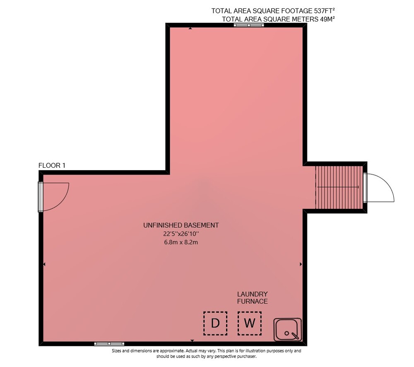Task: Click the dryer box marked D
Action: [215, 323]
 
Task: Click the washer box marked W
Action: [250, 323]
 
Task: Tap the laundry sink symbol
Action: [288, 329]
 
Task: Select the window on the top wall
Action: [249, 25]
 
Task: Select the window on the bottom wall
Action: [109, 344]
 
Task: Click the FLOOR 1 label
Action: [52, 166]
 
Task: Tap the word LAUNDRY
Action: [253, 294]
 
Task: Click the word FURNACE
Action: [253, 301]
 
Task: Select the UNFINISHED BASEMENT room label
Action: [181, 225]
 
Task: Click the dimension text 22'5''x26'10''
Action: [181, 234]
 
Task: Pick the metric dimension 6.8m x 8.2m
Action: [181, 242]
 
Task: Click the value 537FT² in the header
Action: [324, 11]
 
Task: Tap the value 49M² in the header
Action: [327, 19]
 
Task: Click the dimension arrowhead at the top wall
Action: [190, 28]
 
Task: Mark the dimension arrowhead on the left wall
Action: [44, 264]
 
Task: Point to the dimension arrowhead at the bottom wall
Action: [192, 341]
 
